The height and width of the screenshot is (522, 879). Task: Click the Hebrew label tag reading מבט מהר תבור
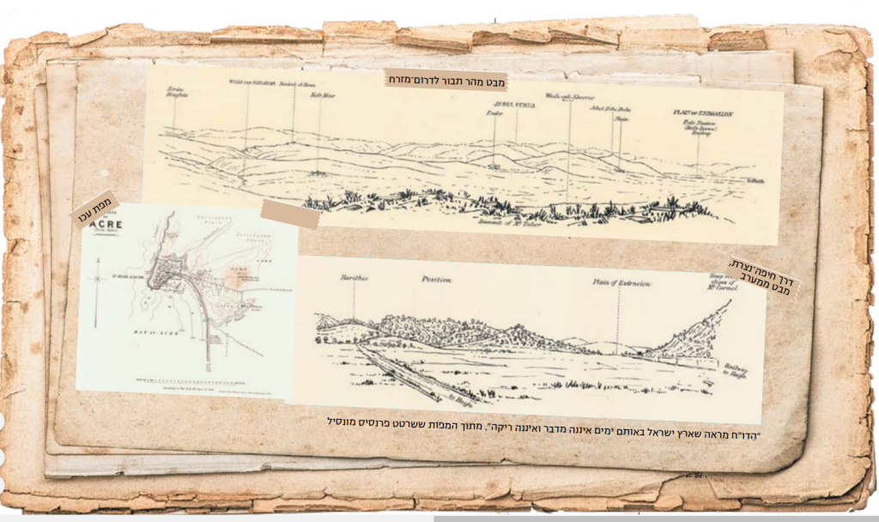click(x=446, y=79)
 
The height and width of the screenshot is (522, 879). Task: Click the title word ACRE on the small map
click(x=106, y=228)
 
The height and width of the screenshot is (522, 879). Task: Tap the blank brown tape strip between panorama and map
click(x=291, y=215)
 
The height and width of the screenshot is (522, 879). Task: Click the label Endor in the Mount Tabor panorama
click(x=494, y=112)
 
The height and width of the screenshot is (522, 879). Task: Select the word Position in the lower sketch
click(x=409, y=279)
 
